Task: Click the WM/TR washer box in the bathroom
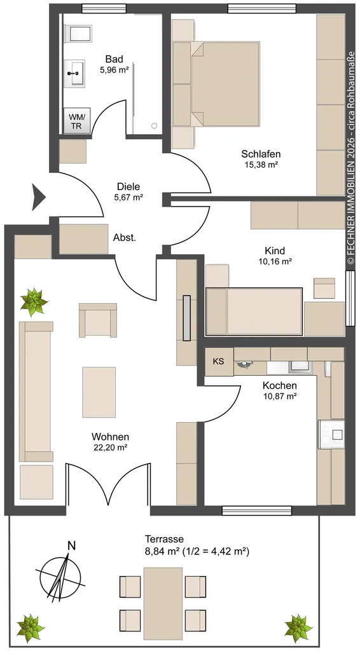(x=76, y=121)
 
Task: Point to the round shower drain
(x=155, y=126)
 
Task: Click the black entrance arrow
(x=39, y=197)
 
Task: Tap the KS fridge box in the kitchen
(x=219, y=362)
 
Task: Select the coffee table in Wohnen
(x=99, y=392)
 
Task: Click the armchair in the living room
(x=98, y=320)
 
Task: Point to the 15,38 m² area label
(x=261, y=165)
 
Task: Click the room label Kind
(x=275, y=250)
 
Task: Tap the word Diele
(x=128, y=187)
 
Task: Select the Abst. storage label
(x=125, y=238)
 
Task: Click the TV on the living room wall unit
(x=187, y=318)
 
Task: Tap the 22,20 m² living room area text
(x=110, y=447)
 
